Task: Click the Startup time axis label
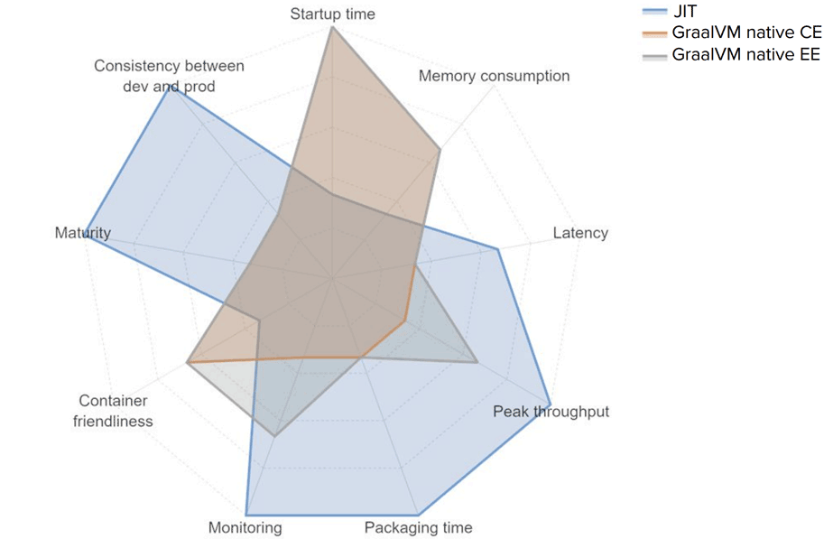pyautogui.click(x=332, y=14)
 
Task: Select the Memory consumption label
pyautogui.click(x=494, y=76)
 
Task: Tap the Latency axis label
pyautogui.click(x=579, y=233)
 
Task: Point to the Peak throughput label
pyautogui.click(x=551, y=412)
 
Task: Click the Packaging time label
pyautogui.click(x=418, y=527)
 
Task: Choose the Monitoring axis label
pyautogui.click(x=245, y=527)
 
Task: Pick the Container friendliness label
pyautogui.click(x=114, y=411)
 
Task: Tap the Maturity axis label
pyautogui.click(x=82, y=233)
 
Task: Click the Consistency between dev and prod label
pyautogui.click(x=169, y=76)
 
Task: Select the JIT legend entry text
pyautogui.click(x=686, y=12)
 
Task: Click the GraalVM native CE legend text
pyautogui.click(x=746, y=33)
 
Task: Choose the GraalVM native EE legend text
pyautogui.click(x=745, y=54)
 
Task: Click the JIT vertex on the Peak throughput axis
pyautogui.click(x=550, y=401)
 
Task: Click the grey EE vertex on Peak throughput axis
pyautogui.click(x=477, y=362)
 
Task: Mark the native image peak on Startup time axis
pyautogui.click(x=332, y=27)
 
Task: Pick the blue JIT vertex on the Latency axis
pyautogui.click(x=498, y=248)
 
